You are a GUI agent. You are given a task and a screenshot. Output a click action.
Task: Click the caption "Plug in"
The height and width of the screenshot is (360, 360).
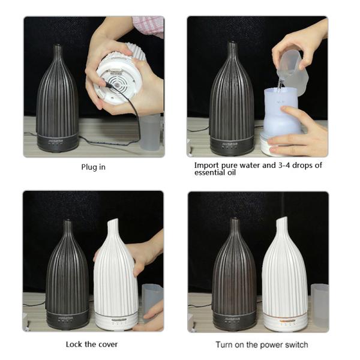[x=93, y=167]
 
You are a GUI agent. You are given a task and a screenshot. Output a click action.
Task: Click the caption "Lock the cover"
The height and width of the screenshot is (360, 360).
[x=92, y=344]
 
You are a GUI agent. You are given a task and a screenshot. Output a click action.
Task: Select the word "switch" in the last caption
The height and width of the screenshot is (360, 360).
[x=296, y=344]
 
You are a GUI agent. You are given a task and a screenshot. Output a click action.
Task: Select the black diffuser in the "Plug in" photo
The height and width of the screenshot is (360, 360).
[x=58, y=99]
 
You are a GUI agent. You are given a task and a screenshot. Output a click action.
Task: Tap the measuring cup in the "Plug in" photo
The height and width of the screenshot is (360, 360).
[x=151, y=133]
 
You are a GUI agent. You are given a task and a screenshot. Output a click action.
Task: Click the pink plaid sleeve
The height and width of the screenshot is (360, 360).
[x=149, y=26]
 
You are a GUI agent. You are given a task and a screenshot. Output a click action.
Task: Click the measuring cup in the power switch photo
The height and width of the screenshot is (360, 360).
[x=320, y=305]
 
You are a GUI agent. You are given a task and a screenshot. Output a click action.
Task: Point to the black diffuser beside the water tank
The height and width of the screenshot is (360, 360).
[x=232, y=99]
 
